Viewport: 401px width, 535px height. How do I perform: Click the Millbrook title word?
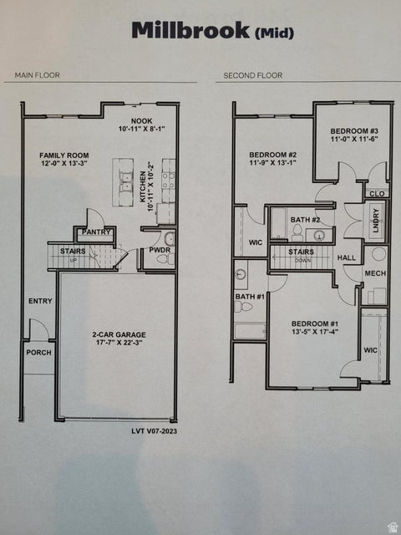click(190, 31)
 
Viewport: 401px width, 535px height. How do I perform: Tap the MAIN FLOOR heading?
click(38, 75)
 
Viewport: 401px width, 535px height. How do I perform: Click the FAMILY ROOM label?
click(61, 155)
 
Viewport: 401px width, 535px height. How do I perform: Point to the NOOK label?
click(141, 121)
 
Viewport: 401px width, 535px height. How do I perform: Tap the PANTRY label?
click(97, 232)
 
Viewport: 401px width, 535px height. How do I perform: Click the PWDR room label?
click(160, 250)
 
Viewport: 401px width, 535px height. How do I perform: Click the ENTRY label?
click(39, 301)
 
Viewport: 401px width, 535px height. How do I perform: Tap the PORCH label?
click(38, 352)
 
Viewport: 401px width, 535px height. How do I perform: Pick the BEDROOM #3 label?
click(354, 131)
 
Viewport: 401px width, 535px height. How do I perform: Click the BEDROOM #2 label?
click(273, 155)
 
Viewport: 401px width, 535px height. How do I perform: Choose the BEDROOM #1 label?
click(315, 323)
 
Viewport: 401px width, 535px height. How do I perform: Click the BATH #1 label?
click(249, 296)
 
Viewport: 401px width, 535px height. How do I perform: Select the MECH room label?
click(375, 273)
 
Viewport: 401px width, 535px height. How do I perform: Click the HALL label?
click(347, 258)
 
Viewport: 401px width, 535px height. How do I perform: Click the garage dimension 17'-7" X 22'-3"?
click(116, 343)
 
